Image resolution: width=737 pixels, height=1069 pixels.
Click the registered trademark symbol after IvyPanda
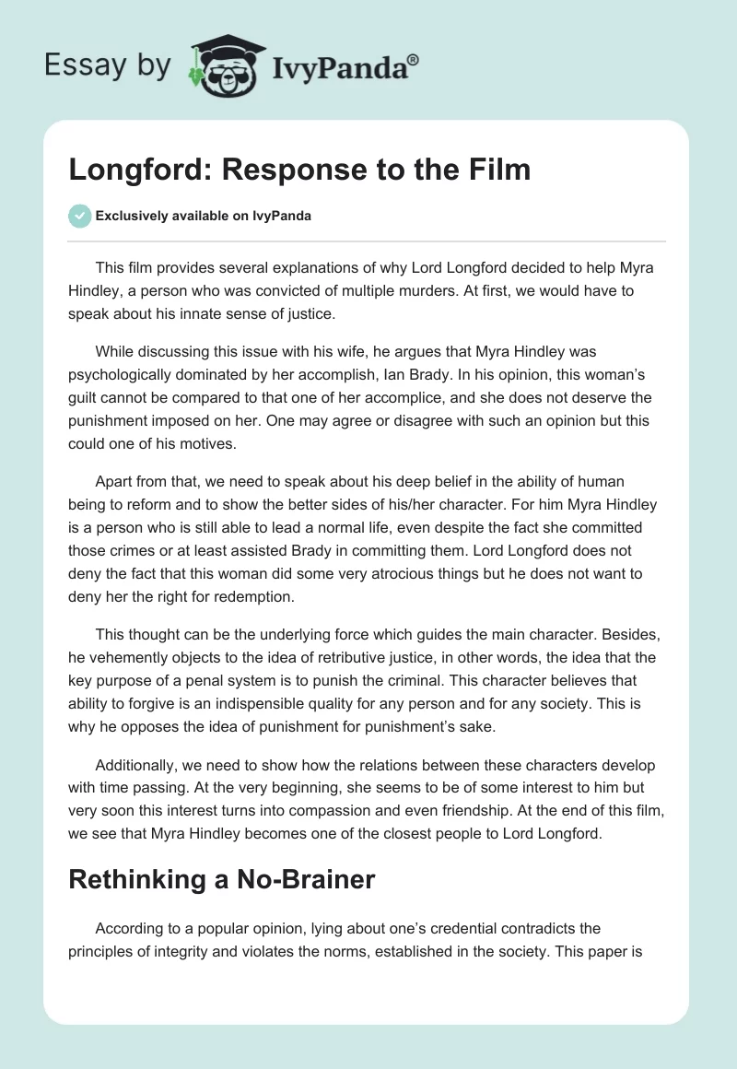414,60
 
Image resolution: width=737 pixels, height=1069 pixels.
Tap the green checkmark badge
79,216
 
